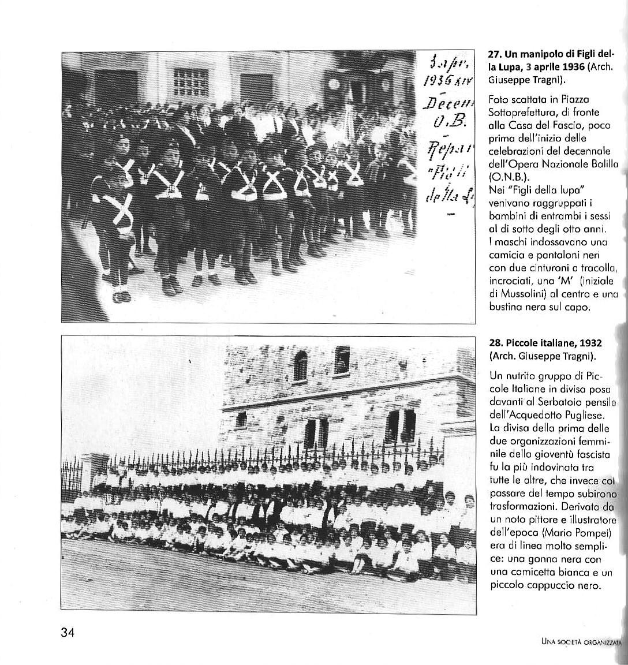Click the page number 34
click(x=68, y=632)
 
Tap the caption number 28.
click(x=495, y=343)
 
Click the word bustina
click(x=507, y=307)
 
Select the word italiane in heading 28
click(x=553, y=343)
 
